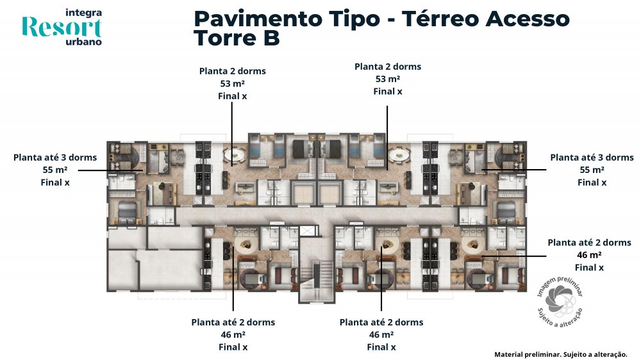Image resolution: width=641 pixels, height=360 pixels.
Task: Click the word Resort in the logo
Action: (x=62, y=28)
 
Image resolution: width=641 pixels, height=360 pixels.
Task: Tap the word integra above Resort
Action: (x=83, y=13)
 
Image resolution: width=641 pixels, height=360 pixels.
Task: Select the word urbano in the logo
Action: (x=83, y=42)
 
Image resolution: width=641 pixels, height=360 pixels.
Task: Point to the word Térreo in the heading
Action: (x=440, y=19)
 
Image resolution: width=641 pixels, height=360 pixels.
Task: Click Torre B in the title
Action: (x=237, y=38)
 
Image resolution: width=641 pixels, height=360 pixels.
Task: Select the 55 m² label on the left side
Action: (x=54, y=170)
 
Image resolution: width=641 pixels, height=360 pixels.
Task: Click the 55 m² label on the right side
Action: (x=592, y=170)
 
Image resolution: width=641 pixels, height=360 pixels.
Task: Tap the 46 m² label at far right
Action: (x=589, y=255)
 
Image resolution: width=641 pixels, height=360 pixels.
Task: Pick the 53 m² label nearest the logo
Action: (x=232, y=83)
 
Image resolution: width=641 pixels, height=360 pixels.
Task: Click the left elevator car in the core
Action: (x=304, y=193)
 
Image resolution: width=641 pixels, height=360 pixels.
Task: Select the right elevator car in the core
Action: (x=329, y=193)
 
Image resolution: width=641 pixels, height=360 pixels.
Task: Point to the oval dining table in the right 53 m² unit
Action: (x=399, y=155)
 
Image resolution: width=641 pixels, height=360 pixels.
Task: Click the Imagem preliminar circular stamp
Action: (x=560, y=302)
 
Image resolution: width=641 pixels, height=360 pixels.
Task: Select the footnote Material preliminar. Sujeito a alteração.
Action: (x=560, y=354)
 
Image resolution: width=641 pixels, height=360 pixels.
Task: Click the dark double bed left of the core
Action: (x=302, y=149)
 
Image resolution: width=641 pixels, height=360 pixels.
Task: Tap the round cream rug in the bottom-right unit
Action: (x=473, y=245)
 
